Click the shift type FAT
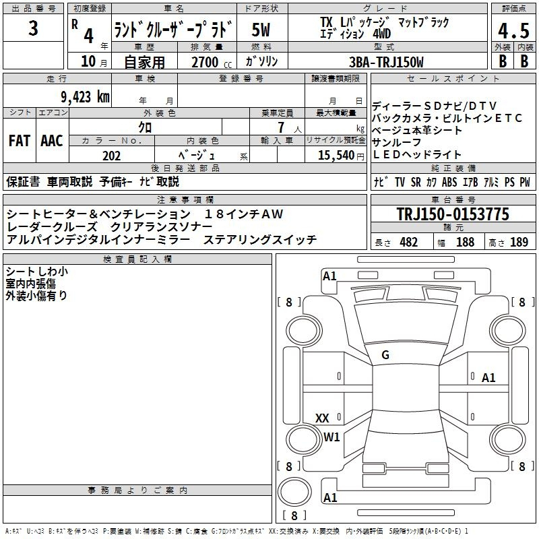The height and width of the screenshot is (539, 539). tap(20, 141)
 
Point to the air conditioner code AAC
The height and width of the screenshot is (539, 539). tap(52, 141)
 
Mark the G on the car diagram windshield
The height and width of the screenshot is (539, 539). tap(385, 355)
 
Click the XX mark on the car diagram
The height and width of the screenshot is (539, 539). tap(322, 418)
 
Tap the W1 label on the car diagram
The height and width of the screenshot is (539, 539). tap(331, 437)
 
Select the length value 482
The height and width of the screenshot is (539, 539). tap(408, 242)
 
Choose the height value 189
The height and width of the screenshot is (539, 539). tap(519, 242)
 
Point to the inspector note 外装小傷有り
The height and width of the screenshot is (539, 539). tap(36, 294)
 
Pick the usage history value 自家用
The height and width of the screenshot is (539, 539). tap(144, 62)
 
